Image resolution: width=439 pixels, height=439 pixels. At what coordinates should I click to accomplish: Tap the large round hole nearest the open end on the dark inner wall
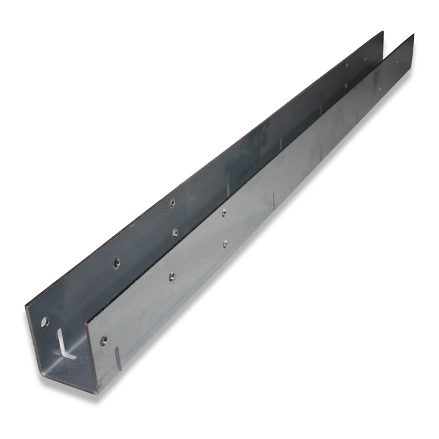point(44,322)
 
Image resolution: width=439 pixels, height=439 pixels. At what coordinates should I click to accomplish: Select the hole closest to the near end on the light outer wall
point(103,341)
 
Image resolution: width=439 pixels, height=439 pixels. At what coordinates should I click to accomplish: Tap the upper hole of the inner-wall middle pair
point(172,202)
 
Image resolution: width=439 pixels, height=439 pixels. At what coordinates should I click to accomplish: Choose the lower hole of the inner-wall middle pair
point(175,233)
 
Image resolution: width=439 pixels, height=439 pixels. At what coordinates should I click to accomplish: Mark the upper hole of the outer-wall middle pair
point(223,213)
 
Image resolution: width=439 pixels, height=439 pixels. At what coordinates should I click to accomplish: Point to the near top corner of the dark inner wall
point(27,305)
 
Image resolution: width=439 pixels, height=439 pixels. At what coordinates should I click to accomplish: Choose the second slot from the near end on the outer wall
point(273,202)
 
